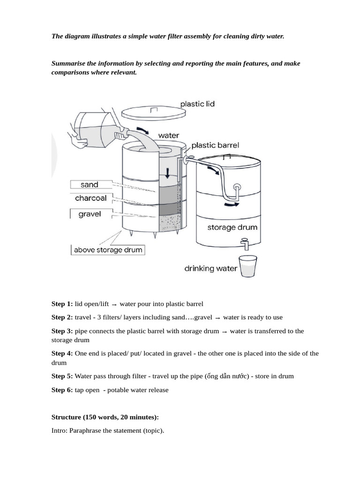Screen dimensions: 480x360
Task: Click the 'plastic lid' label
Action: pos(197,104)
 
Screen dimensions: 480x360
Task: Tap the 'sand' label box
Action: pos(90,185)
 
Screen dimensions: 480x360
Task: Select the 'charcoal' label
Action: pos(91,198)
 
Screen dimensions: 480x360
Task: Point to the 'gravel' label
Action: pos(90,214)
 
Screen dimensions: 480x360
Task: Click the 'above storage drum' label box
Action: pos(107,250)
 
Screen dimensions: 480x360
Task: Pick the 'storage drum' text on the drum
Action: pos(232,227)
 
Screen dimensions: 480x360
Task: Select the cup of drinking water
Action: pos(248,266)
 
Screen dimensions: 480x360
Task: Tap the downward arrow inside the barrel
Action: pos(167,175)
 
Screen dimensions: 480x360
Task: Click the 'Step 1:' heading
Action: pos(62,304)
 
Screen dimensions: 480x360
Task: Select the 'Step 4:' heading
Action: pos(62,353)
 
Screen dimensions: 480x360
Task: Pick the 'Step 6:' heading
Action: pos(62,390)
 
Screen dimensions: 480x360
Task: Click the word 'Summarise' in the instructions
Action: pos(67,63)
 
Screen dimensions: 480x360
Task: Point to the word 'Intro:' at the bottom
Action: pos(59,430)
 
